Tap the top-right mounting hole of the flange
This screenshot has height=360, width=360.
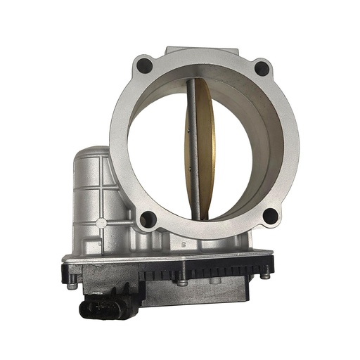pyautogui.click(x=262, y=69)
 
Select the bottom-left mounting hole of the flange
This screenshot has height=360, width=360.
pyautogui.click(x=148, y=219)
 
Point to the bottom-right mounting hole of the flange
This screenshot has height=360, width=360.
pyautogui.click(x=269, y=217)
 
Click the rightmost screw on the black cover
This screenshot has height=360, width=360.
pyautogui.click(x=265, y=276)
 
